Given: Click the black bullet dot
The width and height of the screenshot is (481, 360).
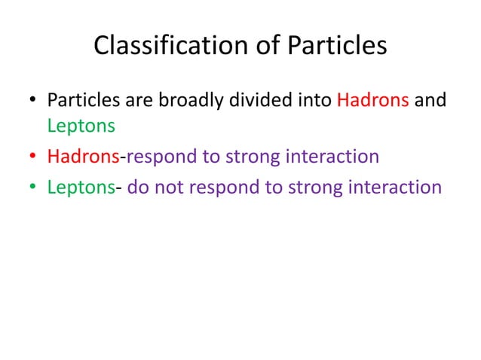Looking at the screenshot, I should (32, 101).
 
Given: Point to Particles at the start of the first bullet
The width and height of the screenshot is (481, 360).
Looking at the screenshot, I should (80, 100).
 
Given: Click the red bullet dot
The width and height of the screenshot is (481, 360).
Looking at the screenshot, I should (32, 157).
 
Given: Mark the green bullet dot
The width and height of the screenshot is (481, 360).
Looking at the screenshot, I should (32, 186).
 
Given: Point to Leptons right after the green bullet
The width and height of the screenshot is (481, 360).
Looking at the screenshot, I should (81, 186).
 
